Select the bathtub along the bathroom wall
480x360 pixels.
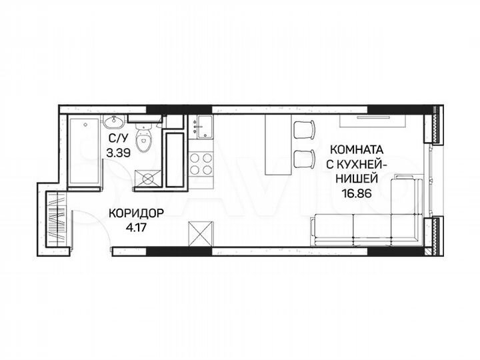pyautogui.click(x=85, y=151)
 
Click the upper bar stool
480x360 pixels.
pyautogui.click(x=304, y=129)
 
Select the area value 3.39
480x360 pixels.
pyautogui.click(x=119, y=151)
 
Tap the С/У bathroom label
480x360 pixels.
pyautogui.click(x=118, y=139)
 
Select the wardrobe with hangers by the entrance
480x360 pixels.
pyautogui.click(x=57, y=216)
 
